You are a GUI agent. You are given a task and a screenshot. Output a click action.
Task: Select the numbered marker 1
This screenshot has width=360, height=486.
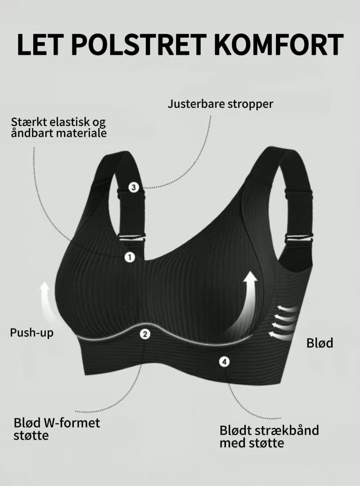click(130, 257)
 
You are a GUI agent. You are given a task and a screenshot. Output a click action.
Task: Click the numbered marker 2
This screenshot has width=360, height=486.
click(145, 334)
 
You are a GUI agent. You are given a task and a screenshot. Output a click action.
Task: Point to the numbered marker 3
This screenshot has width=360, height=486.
click(134, 187)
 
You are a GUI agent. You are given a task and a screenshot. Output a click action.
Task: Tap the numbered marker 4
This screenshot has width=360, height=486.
click(224, 361)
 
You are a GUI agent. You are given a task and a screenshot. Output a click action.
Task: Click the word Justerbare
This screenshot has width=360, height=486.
click(196, 104)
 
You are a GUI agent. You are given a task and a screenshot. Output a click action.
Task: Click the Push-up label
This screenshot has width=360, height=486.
click(31, 333)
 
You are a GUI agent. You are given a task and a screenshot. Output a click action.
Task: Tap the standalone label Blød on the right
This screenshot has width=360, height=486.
click(319, 343)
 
